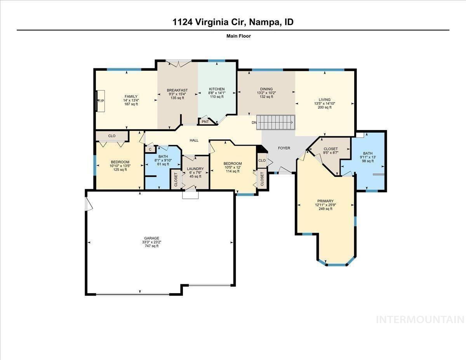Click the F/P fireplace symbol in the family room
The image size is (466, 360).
[101, 101]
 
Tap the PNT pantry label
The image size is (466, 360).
[205, 122]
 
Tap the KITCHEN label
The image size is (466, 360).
[217, 89]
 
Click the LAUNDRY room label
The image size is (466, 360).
[195, 169]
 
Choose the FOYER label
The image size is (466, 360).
[284, 148]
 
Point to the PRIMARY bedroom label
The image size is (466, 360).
[325, 201]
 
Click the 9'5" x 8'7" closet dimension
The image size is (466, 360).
[330, 153]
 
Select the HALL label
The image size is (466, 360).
[194, 140]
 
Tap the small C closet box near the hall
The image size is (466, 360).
[150, 149]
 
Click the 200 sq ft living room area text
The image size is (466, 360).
[325, 108]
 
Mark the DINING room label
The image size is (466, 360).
[266, 89]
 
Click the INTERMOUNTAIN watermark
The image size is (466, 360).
[421, 320]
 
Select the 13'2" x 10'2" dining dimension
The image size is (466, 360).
[266, 93]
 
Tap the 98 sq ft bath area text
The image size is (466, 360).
[367, 161]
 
